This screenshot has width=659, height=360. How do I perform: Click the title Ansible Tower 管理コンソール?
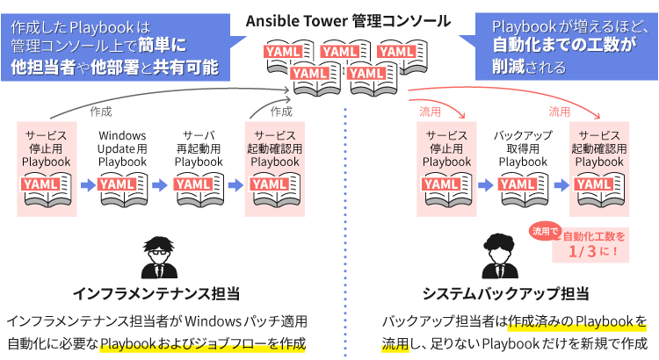coord(348,20)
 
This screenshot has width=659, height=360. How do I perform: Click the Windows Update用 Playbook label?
coord(123,148)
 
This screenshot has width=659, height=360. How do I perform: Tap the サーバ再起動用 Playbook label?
coord(199,148)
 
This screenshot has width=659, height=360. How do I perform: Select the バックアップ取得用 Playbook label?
coord(523,148)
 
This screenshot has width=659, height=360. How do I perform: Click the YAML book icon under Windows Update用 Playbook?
coord(123,187)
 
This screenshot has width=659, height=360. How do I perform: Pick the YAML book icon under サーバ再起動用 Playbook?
coord(199,187)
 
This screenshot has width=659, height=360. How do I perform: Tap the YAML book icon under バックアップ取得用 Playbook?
coord(523,187)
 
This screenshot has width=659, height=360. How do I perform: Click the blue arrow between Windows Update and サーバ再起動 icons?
coord(161,186)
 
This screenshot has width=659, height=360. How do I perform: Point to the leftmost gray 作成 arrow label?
coord(101,112)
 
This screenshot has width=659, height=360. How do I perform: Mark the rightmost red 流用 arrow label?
coord(560,112)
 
